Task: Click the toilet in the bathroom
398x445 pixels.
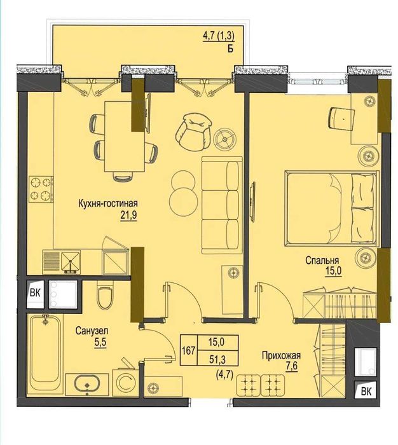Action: [x=105, y=295]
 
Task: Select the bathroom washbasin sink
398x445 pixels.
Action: [x=87, y=385]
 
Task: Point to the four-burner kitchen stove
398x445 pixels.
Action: [x=41, y=189]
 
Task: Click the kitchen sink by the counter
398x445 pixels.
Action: [x=71, y=263]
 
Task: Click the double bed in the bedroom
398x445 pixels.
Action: [x=332, y=208]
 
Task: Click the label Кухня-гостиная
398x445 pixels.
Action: [x=108, y=203]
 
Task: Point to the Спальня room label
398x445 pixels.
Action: [x=322, y=260]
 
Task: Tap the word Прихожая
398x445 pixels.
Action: [x=281, y=355]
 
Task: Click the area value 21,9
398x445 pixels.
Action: [x=128, y=215]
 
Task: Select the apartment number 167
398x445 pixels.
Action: [x=188, y=350]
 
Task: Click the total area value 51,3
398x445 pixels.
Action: [x=217, y=360]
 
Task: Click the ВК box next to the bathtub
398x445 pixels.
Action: [x=35, y=292]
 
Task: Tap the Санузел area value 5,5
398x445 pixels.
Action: [x=100, y=343]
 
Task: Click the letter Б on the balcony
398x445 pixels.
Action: [x=230, y=48]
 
